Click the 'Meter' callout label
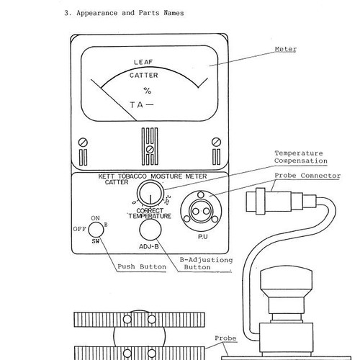pos(286,49)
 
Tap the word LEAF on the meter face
pos(143,62)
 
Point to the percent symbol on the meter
pos(148,91)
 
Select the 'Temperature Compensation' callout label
pos(301,157)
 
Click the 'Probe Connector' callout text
pos(307,176)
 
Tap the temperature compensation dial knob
pos(150,193)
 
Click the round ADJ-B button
pos(150,230)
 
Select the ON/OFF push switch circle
pos(96,230)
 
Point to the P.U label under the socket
pos(203,237)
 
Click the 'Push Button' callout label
pos(142,266)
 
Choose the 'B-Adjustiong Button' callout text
pos(206,264)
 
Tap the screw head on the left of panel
pos(83,142)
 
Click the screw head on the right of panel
pos(216,142)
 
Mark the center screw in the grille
pos(150,150)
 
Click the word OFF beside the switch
pos(79,229)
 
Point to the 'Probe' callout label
pos(225,338)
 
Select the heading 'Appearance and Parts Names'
pos(130,13)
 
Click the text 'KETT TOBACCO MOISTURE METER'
pos(153,176)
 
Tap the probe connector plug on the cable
pos(281,201)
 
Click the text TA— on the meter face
pos(142,105)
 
